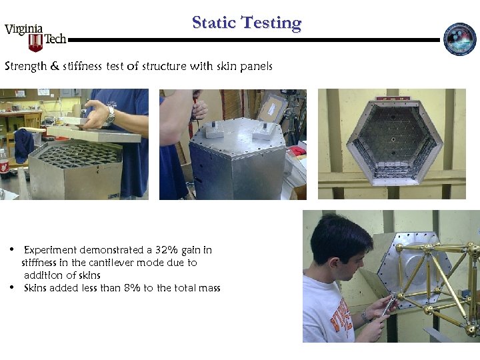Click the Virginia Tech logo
(x=35, y=37)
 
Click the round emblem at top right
(x=460, y=39)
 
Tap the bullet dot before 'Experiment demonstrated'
(x=13, y=250)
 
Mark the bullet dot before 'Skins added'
(x=13, y=288)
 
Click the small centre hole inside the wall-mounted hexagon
(x=394, y=140)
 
